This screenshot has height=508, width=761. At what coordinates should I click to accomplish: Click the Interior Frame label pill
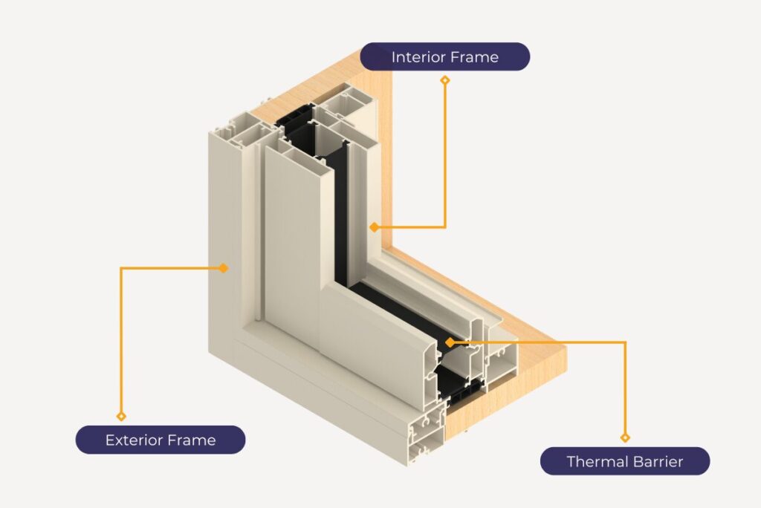444,56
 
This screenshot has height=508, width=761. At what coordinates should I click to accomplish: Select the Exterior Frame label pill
161,440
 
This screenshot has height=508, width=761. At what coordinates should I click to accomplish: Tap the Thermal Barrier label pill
624,461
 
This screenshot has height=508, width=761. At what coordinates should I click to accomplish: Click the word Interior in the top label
418,56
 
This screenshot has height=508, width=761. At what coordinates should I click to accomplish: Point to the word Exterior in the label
133,440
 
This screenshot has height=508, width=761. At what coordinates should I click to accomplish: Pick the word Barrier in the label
657,461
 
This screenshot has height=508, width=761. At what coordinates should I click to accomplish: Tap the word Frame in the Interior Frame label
475,56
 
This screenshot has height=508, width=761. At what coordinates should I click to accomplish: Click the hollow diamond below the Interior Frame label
445,79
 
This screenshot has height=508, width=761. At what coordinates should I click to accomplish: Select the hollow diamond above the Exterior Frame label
121,416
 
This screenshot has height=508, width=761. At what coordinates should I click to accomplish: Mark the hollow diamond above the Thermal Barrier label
625,438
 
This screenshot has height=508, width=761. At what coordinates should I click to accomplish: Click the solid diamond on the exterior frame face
224,268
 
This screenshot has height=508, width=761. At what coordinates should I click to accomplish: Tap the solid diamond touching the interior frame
376,227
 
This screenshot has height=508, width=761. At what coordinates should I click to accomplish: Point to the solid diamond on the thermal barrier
450,342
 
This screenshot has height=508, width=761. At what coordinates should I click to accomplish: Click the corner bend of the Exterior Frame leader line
121,268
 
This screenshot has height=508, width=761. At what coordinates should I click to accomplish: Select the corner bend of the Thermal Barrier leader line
625,342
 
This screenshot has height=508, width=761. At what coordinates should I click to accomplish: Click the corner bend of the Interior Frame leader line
445,227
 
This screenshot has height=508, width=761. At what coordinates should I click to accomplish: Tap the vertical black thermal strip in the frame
340,215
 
